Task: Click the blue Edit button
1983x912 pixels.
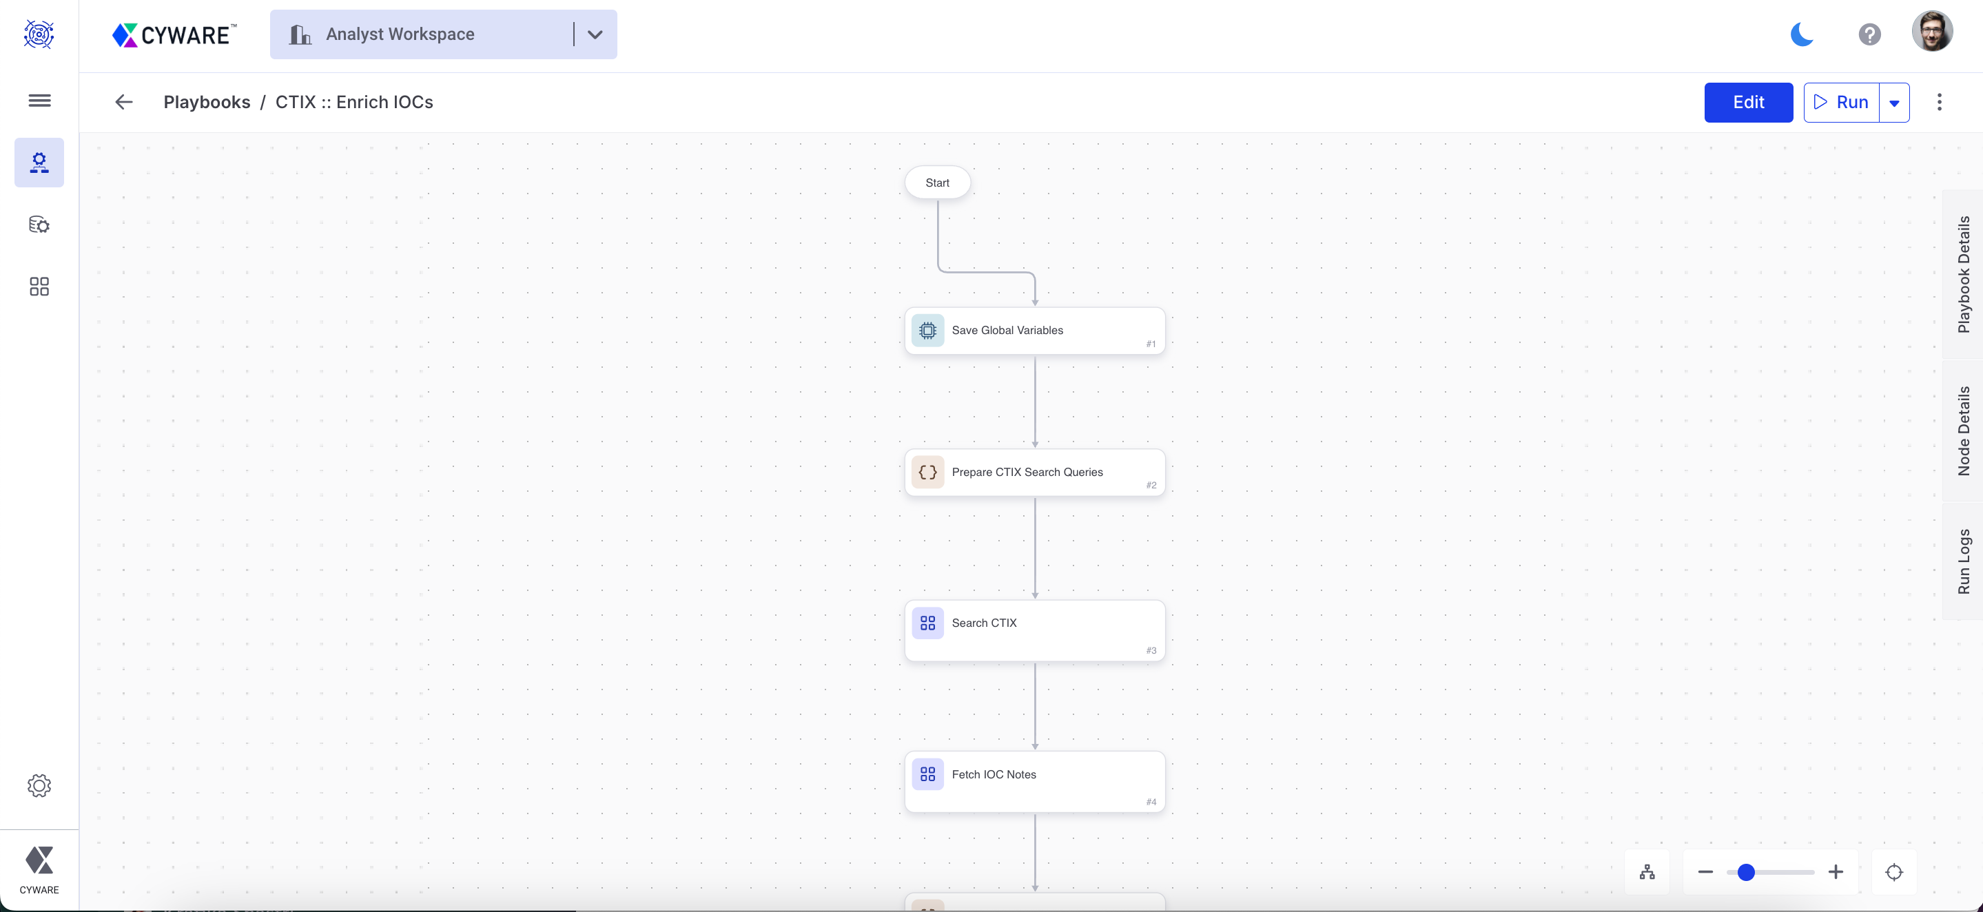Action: [1747, 103]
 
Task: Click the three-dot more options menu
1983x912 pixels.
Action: [1939, 103]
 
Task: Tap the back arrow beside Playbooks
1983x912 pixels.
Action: [124, 103]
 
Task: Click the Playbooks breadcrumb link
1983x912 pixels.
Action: [206, 103]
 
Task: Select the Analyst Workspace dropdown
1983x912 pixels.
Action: [442, 34]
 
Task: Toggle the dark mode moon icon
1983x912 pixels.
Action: [1801, 34]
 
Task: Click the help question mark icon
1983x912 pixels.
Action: [1869, 34]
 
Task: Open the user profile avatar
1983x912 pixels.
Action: [1931, 32]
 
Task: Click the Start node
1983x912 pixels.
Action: [937, 183]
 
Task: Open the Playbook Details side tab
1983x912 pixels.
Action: [1963, 275]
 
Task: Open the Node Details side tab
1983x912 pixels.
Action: [1963, 431]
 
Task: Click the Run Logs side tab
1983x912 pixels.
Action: [1963, 561]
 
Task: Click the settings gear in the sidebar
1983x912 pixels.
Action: [39, 785]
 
